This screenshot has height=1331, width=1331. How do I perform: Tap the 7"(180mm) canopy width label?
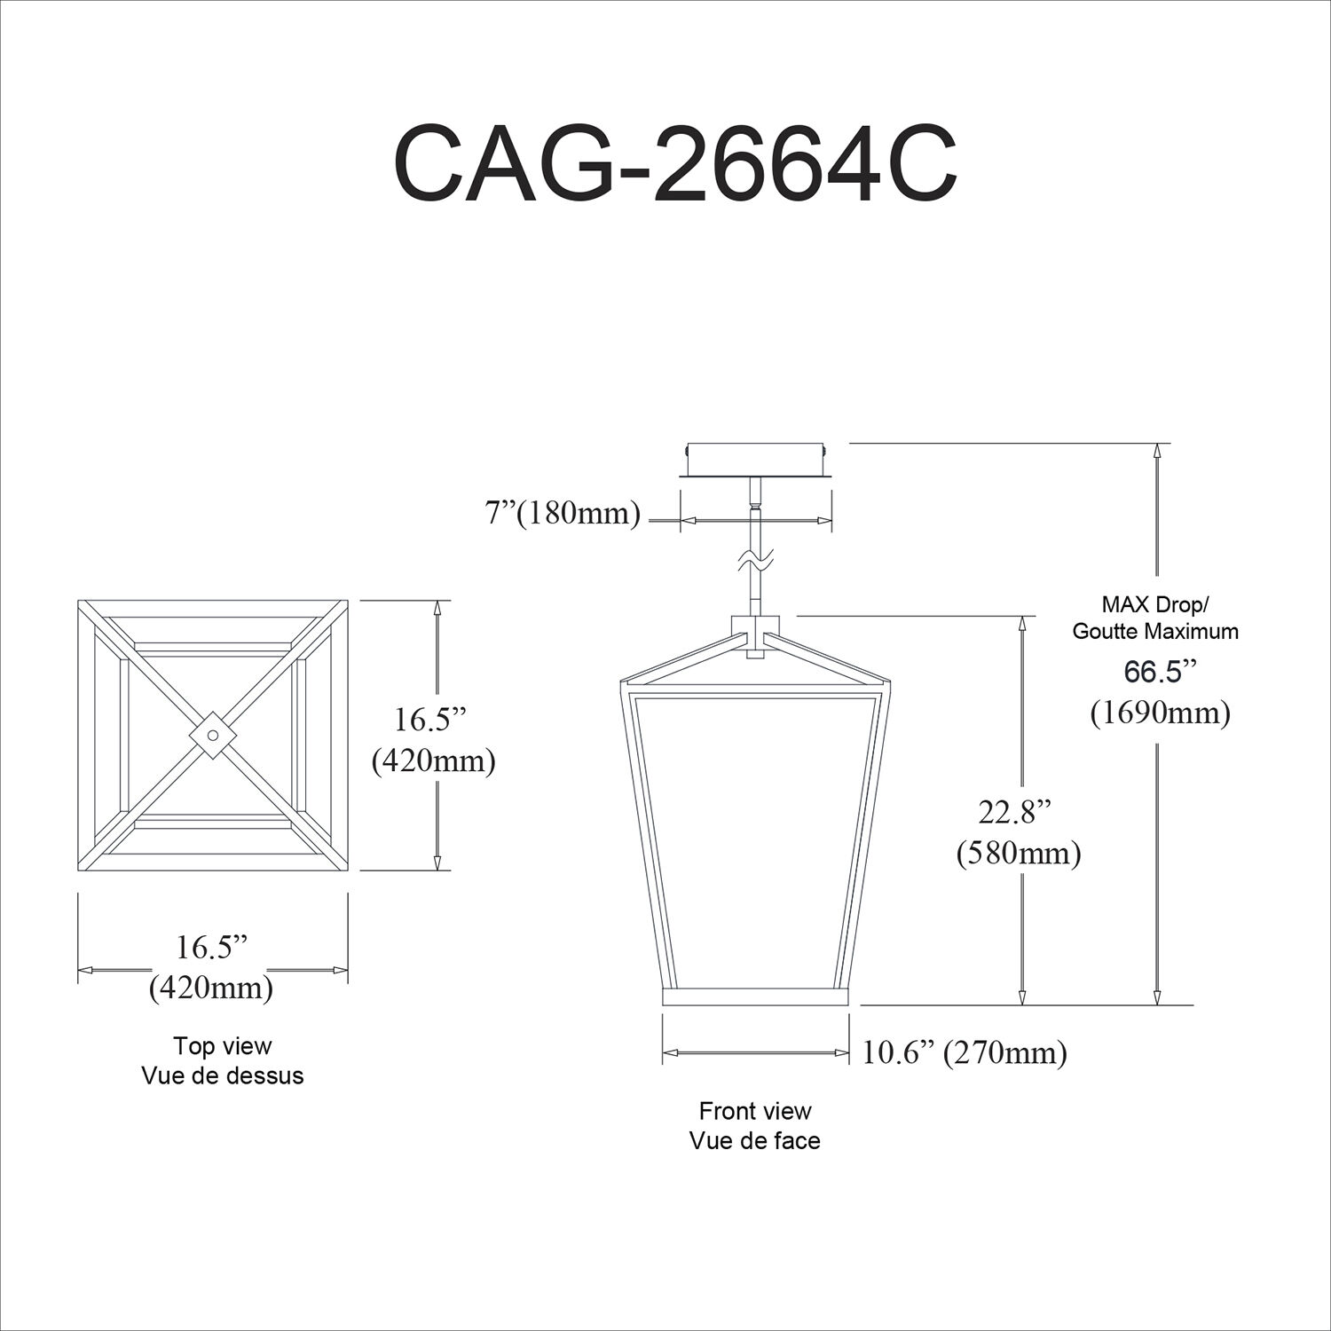(563, 514)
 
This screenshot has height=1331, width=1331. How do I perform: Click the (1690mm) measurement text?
(1160, 712)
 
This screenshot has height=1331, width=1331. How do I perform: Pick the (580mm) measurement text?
(1018, 853)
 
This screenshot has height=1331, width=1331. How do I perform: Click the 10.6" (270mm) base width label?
(965, 1052)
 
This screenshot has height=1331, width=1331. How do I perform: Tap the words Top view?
(222, 1046)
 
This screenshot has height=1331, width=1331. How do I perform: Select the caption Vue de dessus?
(222, 1075)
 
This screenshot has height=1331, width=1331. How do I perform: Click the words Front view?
(754, 1111)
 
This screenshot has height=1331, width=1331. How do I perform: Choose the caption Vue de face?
(754, 1140)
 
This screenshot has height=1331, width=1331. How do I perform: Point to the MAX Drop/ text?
(1155, 605)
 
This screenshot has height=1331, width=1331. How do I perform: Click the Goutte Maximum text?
(1155, 632)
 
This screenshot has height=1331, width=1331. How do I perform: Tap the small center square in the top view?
(213, 736)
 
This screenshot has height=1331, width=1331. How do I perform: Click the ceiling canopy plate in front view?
(756, 460)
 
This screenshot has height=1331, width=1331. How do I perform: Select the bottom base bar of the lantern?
(756, 996)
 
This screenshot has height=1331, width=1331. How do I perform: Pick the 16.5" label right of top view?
(431, 720)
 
